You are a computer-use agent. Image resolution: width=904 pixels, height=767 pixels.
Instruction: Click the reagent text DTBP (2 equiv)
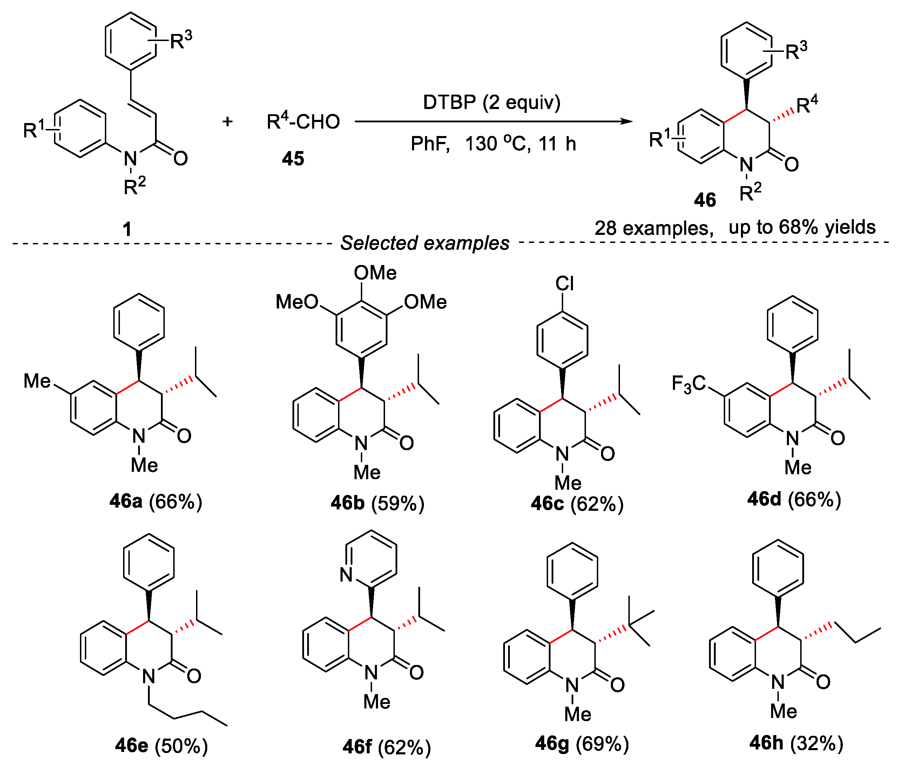point(491,103)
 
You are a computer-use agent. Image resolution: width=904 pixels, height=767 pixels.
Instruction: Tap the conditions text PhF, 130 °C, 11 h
point(493,143)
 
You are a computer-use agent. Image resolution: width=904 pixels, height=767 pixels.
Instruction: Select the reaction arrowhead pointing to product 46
point(627,121)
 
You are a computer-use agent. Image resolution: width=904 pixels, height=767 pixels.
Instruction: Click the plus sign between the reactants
point(228,121)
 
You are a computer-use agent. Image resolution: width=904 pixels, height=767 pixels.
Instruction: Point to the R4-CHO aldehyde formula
point(303,122)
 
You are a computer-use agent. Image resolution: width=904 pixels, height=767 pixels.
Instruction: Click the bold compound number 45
point(293,159)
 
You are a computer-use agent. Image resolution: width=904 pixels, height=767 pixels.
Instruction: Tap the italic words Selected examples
point(424,243)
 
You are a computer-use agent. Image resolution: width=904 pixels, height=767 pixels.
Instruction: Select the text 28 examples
point(653,228)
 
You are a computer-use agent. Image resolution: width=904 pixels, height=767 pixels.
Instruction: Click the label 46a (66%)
point(156,501)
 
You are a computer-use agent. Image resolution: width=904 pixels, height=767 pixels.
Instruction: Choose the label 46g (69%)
point(582,744)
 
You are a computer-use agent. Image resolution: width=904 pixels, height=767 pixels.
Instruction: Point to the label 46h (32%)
point(796,743)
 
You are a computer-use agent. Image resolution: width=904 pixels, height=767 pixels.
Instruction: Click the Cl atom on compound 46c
point(565,284)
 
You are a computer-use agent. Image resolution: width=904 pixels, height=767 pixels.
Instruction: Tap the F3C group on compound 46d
point(688,384)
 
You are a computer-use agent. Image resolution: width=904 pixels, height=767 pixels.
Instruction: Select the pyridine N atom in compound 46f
point(346,575)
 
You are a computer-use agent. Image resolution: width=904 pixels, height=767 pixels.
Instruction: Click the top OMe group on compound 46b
point(375,273)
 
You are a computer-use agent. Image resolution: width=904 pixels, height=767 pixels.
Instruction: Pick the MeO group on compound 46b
point(297,302)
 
